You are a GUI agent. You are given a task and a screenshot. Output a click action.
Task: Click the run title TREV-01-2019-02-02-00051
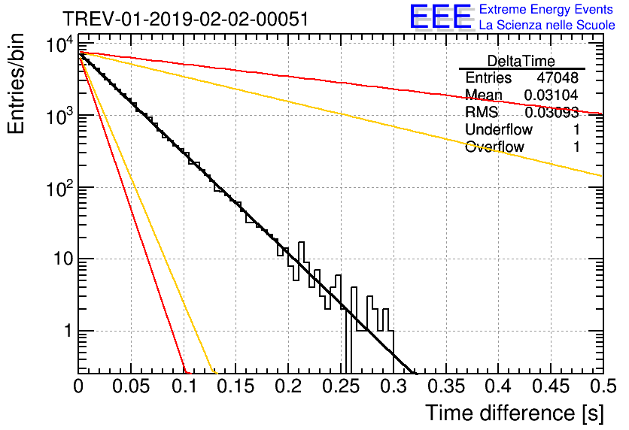(186, 19)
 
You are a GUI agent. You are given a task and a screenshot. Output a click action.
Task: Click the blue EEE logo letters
(441, 17)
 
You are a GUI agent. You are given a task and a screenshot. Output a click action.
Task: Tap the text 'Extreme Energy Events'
(546, 9)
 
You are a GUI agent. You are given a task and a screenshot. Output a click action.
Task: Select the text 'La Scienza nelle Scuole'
(547, 25)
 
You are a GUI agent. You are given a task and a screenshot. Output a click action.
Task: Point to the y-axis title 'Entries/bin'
(16, 83)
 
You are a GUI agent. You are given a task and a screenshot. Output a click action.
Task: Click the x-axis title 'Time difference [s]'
(515, 413)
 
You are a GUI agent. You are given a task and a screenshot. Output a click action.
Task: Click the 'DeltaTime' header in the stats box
(521, 61)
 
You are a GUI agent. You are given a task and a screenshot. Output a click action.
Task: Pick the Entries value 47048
(558, 77)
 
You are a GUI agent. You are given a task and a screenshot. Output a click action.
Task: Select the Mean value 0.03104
(552, 95)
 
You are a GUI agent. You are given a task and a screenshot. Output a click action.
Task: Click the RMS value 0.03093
(552, 112)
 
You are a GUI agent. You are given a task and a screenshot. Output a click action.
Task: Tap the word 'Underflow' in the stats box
(499, 129)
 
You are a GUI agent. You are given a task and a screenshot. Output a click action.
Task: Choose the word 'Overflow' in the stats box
(494, 147)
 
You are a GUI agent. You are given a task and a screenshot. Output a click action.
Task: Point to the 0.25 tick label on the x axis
(341, 386)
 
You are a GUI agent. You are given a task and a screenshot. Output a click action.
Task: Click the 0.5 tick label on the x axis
(603, 386)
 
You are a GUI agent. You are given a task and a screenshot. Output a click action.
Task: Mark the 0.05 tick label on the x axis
(131, 386)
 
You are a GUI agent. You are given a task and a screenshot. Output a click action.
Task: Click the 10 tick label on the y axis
(63, 259)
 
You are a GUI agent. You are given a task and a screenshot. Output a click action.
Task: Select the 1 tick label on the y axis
(68, 331)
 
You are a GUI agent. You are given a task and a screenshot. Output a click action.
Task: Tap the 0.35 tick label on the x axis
(446, 386)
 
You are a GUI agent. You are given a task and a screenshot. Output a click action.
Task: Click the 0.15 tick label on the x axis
(236, 386)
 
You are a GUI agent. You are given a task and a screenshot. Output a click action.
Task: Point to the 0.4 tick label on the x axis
(498, 386)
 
